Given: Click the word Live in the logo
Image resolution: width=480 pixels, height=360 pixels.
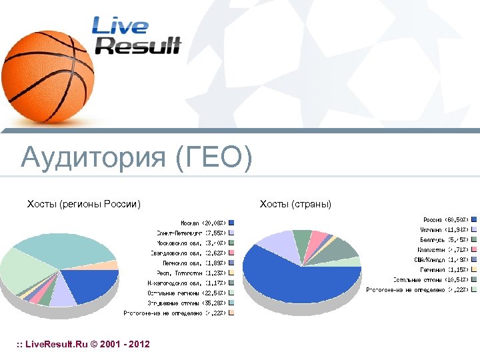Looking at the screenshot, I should (x=120, y=26).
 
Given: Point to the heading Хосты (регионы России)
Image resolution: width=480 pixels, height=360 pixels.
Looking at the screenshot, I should (x=83, y=203).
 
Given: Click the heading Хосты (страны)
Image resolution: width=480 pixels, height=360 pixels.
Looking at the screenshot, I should (x=295, y=203).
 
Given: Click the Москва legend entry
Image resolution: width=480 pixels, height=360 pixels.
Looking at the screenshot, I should (x=204, y=223).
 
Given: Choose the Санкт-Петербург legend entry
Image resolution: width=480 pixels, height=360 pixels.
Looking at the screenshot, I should (x=195, y=233).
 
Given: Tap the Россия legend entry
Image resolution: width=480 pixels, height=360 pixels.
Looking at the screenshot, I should (x=447, y=219).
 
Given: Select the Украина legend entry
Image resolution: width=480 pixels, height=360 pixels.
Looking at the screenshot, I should (x=447, y=229).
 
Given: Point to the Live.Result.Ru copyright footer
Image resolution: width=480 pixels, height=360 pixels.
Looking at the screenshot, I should (x=83, y=344).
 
